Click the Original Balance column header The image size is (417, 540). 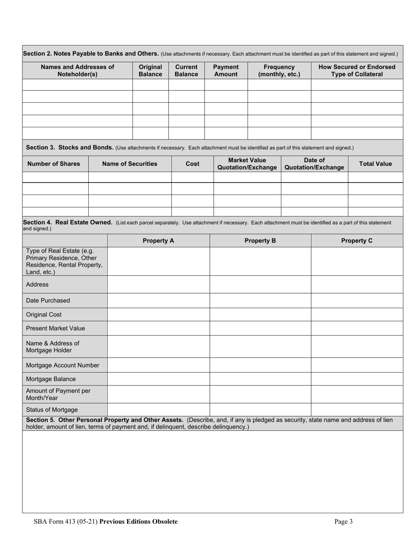pyautogui.click(x=151, y=71)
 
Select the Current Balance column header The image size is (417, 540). pyautogui.click(x=187, y=71)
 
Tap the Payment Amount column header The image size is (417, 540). pyautogui.click(x=226, y=71)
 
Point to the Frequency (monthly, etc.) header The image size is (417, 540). pyautogui.click(x=279, y=71)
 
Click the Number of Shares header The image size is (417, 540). pyautogui.click(x=54, y=164)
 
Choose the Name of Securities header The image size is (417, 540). pyautogui.click(x=129, y=164)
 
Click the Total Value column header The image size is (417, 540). pyautogui.click(x=375, y=164)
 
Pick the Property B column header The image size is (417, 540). pyautogui.click(x=260, y=241)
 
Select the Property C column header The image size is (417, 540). pyautogui.click(x=357, y=241)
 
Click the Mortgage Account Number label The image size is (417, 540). pyautogui.click(x=63, y=365)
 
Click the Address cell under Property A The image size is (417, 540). pyautogui.click(x=158, y=284)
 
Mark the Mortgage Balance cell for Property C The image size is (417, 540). pyautogui.click(x=357, y=379)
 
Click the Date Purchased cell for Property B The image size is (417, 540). pyautogui.click(x=260, y=301)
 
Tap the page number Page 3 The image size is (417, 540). pyautogui.click(x=343, y=522)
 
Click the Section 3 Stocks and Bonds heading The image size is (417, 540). pyautogui.click(x=70, y=148)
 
